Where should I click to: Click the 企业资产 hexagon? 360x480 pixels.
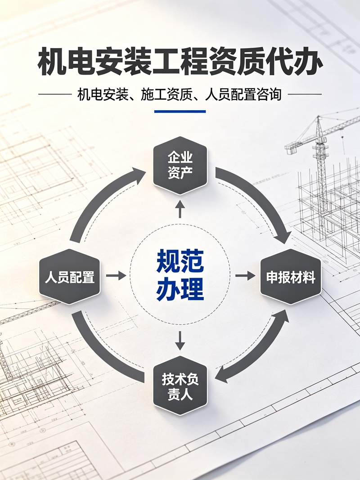click(x=180, y=166)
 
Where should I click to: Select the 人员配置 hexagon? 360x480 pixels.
click(x=70, y=276)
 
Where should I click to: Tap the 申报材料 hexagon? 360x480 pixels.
click(x=291, y=276)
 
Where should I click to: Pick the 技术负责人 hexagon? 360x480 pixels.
click(x=180, y=385)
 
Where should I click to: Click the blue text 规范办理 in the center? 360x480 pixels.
click(x=180, y=275)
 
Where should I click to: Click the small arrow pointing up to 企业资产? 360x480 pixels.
click(x=180, y=209)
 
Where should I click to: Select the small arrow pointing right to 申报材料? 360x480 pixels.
click(x=245, y=275)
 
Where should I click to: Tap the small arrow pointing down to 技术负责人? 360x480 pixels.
click(x=180, y=341)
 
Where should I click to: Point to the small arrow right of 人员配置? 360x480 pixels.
click(x=116, y=275)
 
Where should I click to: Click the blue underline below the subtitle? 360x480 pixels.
click(x=180, y=112)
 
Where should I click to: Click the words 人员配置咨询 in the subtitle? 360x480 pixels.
click(x=243, y=94)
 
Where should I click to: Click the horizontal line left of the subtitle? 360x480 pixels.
click(x=55, y=94)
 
